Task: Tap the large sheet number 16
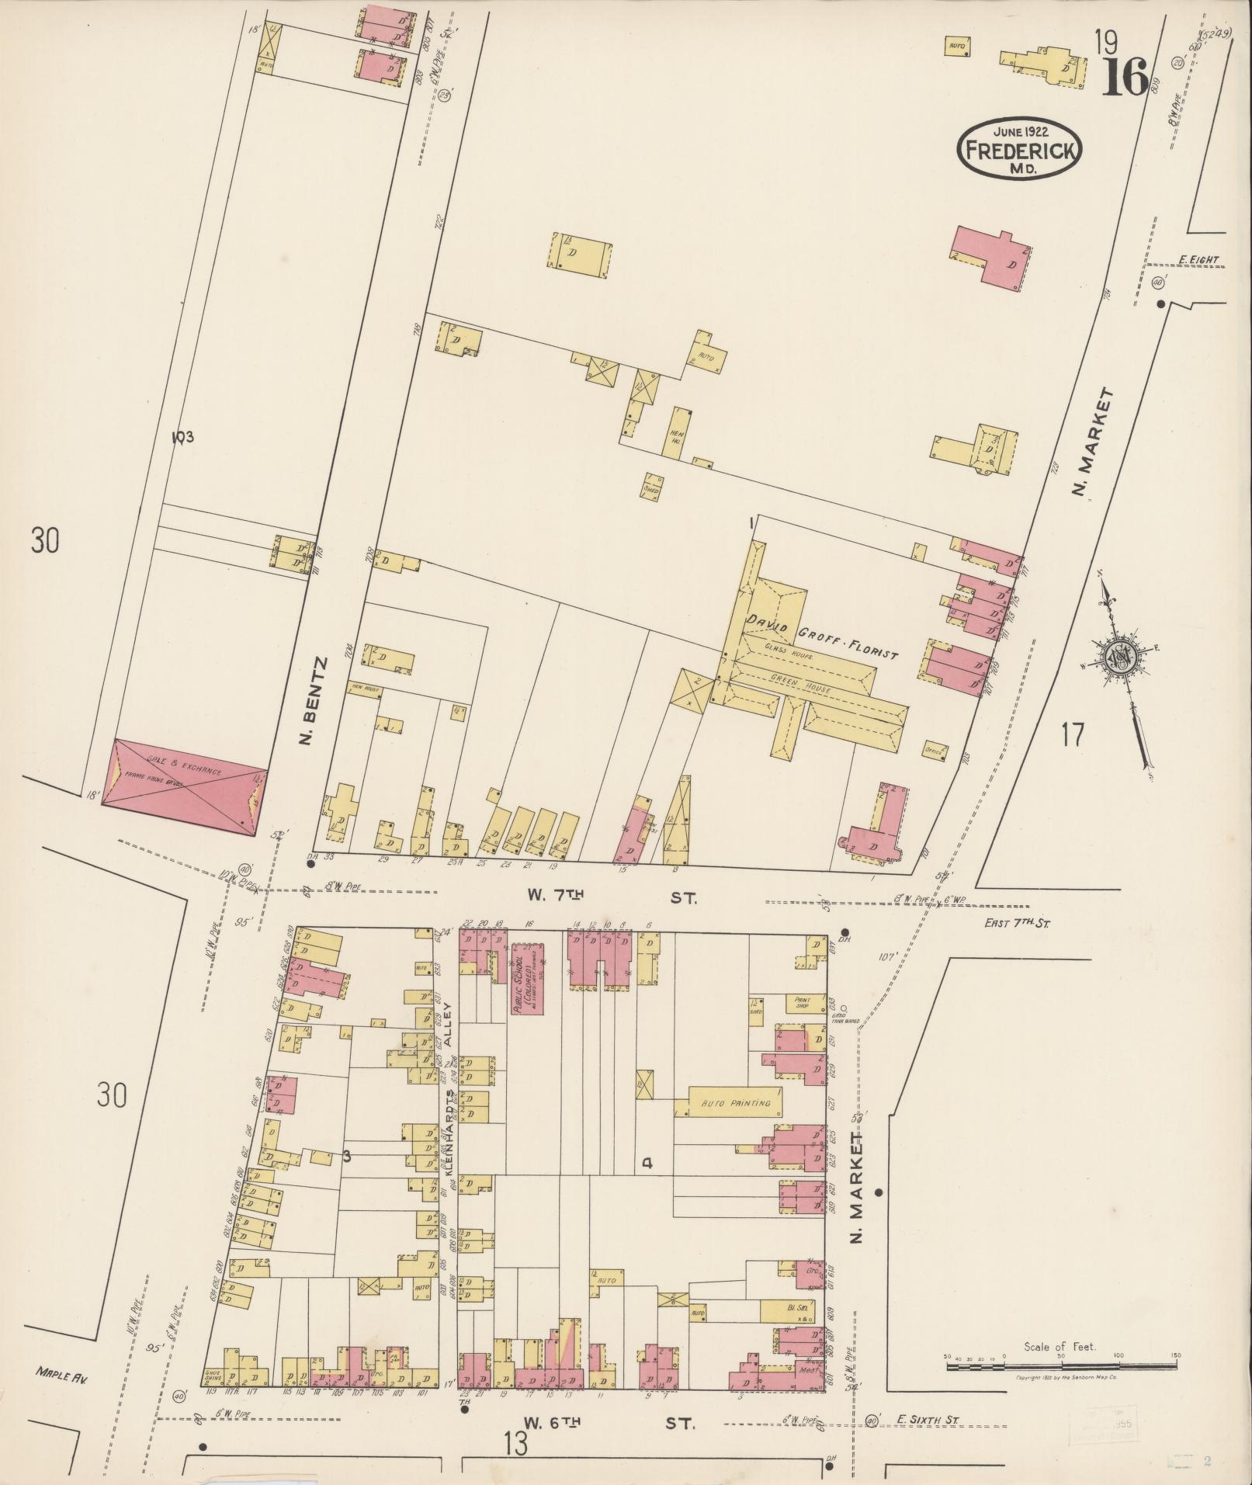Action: coord(1123,75)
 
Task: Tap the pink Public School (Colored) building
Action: coord(527,978)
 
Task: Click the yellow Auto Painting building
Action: coord(735,1102)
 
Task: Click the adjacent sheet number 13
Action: coord(514,1444)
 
